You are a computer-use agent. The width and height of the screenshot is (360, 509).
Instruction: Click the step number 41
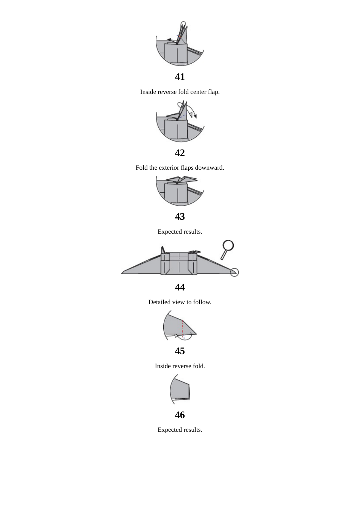coord(180,77)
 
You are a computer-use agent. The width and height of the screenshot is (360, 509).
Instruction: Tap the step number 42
coord(180,153)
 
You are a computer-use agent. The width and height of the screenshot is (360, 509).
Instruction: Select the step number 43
coord(180,217)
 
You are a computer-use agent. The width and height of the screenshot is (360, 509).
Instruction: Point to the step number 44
coord(180,287)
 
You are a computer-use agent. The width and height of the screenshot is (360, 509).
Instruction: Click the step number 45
coord(180,351)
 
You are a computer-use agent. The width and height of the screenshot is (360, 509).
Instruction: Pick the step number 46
coord(180,415)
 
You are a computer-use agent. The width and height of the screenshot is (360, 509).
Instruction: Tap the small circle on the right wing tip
coord(235,272)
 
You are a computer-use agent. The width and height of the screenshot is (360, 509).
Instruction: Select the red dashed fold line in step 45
coord(183,328)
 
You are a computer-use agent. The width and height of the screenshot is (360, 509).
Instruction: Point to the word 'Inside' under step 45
coord(163,366)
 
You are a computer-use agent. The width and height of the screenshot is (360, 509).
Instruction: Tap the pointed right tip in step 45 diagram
coord(196,334)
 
